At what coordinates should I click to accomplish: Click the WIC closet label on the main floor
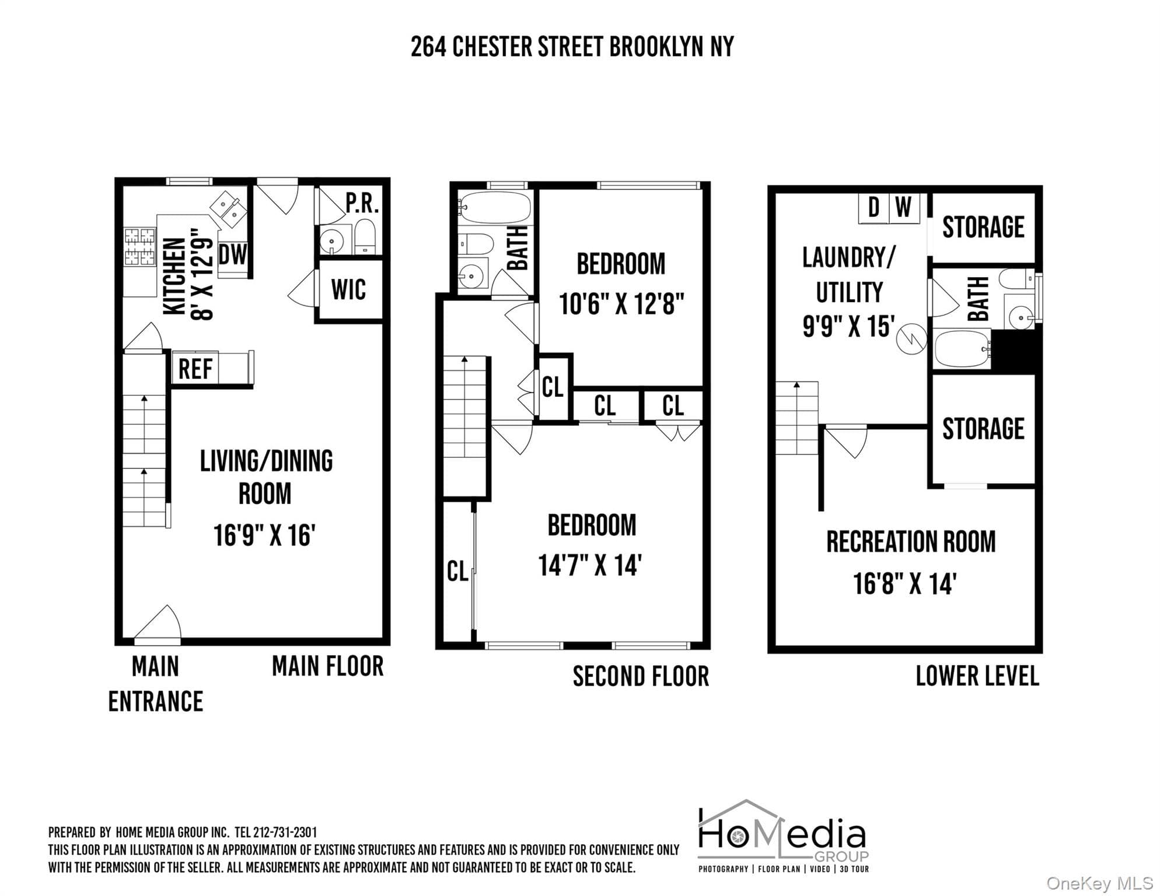click(x=348, y=289)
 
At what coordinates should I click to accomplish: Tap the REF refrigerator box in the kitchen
click(x=195, y=368)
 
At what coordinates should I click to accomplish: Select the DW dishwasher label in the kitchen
click(x=233, y=254)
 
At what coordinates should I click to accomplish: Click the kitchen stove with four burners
click(x=140, y=246)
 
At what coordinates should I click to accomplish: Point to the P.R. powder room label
click(x=362, y=203)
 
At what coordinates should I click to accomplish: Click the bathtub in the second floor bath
click(x=495, y=208)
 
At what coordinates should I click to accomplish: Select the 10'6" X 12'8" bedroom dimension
click(x=621, y=304)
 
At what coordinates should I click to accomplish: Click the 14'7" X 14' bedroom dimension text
click(x=590, y=565)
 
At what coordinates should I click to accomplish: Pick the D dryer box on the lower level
click(x=874, y=208)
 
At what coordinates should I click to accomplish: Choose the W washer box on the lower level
click(x=904, y=208)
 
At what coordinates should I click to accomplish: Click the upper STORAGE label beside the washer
click(x=983, y=227)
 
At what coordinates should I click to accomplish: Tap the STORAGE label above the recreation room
click(x=983, y=429)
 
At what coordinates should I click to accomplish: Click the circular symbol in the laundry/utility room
click(x=911, y=339)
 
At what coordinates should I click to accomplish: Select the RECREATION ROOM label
click(x=911, y=541)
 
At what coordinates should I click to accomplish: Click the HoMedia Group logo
click(x=783, y=836)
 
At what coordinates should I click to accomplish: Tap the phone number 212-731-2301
click(x=285, y=832)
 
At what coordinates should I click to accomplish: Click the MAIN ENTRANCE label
click(x=156, y=684)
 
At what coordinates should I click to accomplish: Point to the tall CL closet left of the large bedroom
click(x=458, y=572)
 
